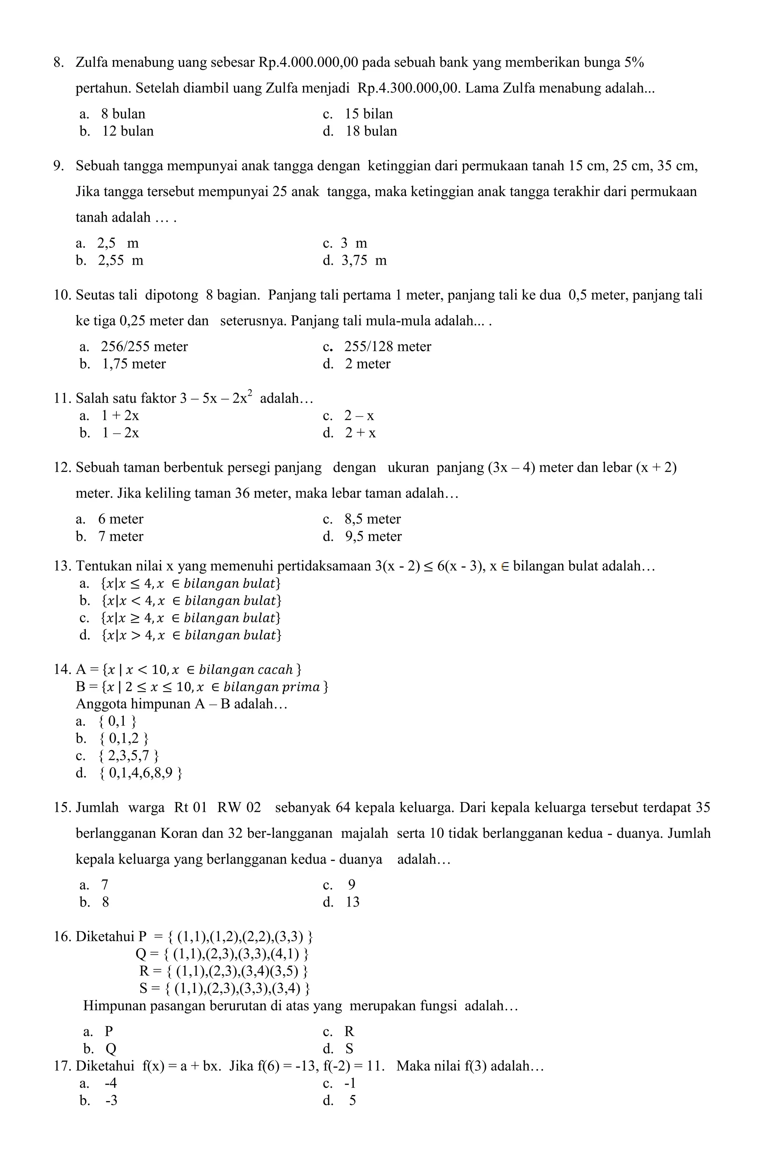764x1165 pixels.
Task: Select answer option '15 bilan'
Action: click(368, 114)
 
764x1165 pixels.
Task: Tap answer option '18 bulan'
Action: click(371, 131)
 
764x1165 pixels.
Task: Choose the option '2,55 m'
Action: click(120, 260)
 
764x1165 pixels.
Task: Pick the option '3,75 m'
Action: click(364, 260)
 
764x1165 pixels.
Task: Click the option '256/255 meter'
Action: click(144, 347)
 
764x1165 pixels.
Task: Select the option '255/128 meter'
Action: click(387, 347)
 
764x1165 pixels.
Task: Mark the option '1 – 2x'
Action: click(120, 433)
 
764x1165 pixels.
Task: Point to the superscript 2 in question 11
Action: click(250, 392)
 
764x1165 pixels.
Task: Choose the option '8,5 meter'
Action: click(372, 519)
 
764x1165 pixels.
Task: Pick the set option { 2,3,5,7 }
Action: click(128, 756)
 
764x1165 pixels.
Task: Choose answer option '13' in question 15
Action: click(352, 902)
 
